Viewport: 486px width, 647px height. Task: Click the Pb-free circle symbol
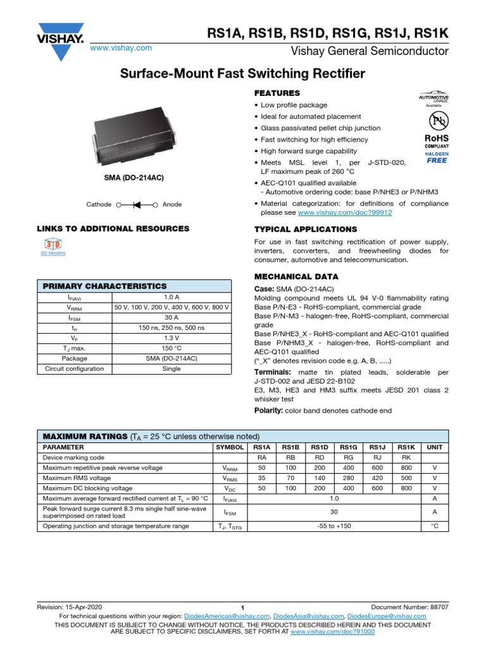tap(436, 121)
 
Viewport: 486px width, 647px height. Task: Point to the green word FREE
tap(437, 160)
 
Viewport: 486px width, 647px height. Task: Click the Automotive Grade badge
tap(434, 99)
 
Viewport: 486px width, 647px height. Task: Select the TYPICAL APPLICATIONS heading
tap(305, 229)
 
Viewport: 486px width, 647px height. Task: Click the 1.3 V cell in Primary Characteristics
tap(171, 338)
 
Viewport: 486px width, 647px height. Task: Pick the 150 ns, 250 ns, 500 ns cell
tap(171, 328)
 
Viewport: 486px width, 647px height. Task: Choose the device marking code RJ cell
tap(377, 457)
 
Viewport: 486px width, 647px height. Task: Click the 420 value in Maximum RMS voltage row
tap(377, 478)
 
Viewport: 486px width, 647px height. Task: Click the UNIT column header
tap(435, 447)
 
